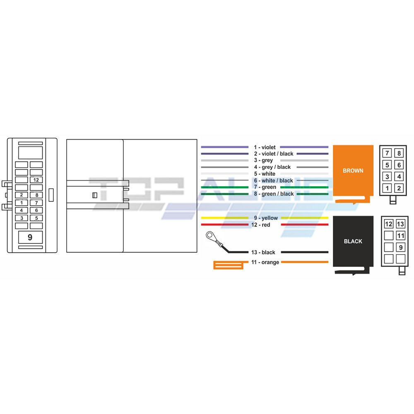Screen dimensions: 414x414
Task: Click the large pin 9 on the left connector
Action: (x=30, y=237)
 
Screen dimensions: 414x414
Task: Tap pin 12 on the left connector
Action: (x=36, y=180)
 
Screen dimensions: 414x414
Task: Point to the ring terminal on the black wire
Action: (x=210, y=235)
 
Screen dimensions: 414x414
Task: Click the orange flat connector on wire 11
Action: (x=229, y=265)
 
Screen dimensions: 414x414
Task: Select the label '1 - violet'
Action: (x=265, y=147)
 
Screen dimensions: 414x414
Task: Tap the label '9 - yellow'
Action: (x=266, y=218)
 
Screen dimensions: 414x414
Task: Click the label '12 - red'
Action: (x=260, y=225)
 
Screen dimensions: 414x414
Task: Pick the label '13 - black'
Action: (x=263, y=252)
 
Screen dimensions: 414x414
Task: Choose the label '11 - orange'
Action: (x=265, y=262)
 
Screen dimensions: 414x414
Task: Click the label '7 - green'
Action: (x=265, y=187)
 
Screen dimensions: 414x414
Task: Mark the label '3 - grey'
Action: (x=263, y=160)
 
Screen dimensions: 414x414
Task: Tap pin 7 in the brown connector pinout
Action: (x=387, y=153)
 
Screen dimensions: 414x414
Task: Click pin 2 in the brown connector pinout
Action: (x=399, y=188)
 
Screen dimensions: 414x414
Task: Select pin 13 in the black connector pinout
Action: (x=400, y=224)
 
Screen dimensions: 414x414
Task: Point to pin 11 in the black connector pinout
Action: (x=400, y=236)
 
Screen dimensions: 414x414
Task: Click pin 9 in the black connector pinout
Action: (x=400, y=248)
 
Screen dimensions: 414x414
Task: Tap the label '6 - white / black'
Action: (x=273, y=181)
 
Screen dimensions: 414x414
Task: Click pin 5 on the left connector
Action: (x=36, y=218)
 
